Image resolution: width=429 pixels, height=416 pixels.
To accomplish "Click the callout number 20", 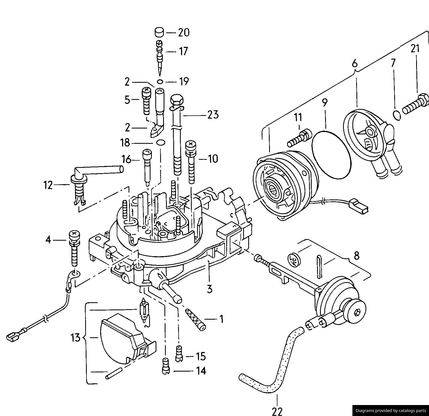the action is click(x=184, y=33).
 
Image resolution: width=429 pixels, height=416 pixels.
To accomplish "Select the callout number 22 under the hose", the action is click(x=277, y=411).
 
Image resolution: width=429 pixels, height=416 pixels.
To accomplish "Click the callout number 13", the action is click(x=76, y=338).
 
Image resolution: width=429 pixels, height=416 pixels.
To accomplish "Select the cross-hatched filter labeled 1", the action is click(x=195, y=320).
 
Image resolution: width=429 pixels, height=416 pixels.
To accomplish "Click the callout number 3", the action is click(x=209, y=289).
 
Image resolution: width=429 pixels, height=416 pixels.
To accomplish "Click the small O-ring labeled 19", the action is click(x=160, y=82).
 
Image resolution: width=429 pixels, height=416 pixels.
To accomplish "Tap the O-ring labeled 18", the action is click(x=161, y=143).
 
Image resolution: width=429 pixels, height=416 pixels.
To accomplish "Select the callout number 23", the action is click(x=213, y=115).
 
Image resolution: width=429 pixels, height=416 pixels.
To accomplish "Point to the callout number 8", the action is click(x=356, y=256).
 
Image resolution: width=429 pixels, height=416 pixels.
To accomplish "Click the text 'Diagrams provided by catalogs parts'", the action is click(x=390, y=410).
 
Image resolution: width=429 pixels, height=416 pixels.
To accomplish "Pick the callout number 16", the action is click(x=127, y=160).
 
